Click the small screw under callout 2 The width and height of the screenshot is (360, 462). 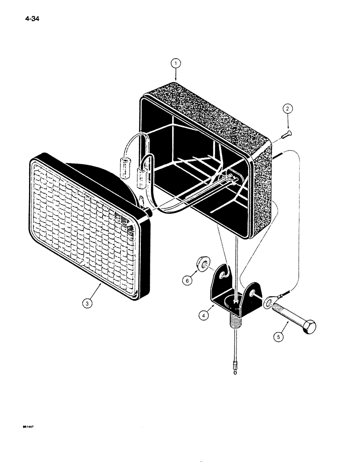[283, 136]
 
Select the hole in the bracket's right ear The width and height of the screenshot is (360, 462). [253, 293]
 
